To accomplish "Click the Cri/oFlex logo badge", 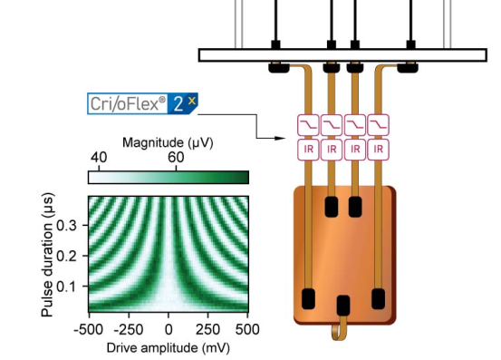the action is (x=142, y=103).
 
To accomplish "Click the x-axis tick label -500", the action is (x=89, y=329).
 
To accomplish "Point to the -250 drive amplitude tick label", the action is (x=128, y=329).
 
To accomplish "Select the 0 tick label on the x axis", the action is (x=169, y=329).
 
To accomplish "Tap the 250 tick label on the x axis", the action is (x=208, y=329).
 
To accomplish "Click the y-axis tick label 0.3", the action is (x=66, y=226).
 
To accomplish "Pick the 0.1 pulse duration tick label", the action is (x=66, y=287).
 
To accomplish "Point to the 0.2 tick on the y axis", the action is (x=66, y=256).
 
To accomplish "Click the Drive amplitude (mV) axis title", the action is (x=169, y=348).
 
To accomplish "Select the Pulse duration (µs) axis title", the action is (x=47, y=255).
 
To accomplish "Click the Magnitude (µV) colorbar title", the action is (x=168, y=142).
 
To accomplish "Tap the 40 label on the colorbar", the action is (x=99, y=157).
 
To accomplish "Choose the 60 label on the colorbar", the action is (x=176, y=157).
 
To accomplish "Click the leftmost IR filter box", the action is (x=308, y=150).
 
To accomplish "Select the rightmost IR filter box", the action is (x=379, y=150).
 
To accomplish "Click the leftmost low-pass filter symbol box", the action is (x=308, y=125).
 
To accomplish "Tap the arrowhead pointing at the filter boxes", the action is (x=280, y=138).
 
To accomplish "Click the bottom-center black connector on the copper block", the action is (x=343, y=306).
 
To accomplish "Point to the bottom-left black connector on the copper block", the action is (x=308, y=298).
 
